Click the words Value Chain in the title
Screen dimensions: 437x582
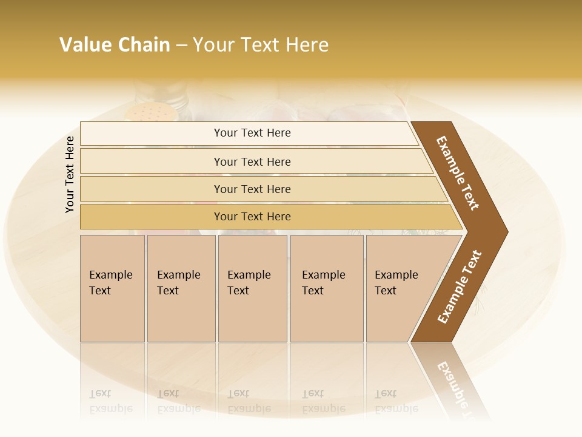click(x=115, y=45)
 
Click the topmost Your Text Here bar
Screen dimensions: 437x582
click(x=252, y=133)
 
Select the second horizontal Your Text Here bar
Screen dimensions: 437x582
click(x=252, y=161)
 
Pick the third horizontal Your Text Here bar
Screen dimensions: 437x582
click(x=252, y=189)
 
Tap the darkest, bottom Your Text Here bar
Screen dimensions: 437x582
click(x=252, y=217)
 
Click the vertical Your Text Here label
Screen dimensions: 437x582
click(x=70, y=174)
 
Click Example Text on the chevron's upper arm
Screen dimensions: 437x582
click(x=458, y=173)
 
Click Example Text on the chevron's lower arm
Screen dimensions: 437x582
click(x=459, y=287)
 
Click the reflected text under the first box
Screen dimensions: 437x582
click(x=110, y=401)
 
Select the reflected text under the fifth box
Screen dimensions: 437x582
click(x=396, y=401)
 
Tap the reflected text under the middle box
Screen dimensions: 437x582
click(x=249, y=401)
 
